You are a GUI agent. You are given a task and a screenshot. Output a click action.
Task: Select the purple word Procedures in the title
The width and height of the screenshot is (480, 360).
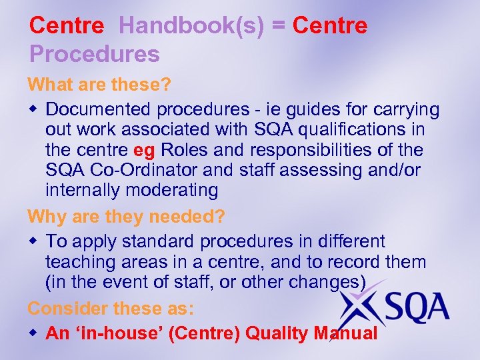pyautogui.click(x=94, y=53)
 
